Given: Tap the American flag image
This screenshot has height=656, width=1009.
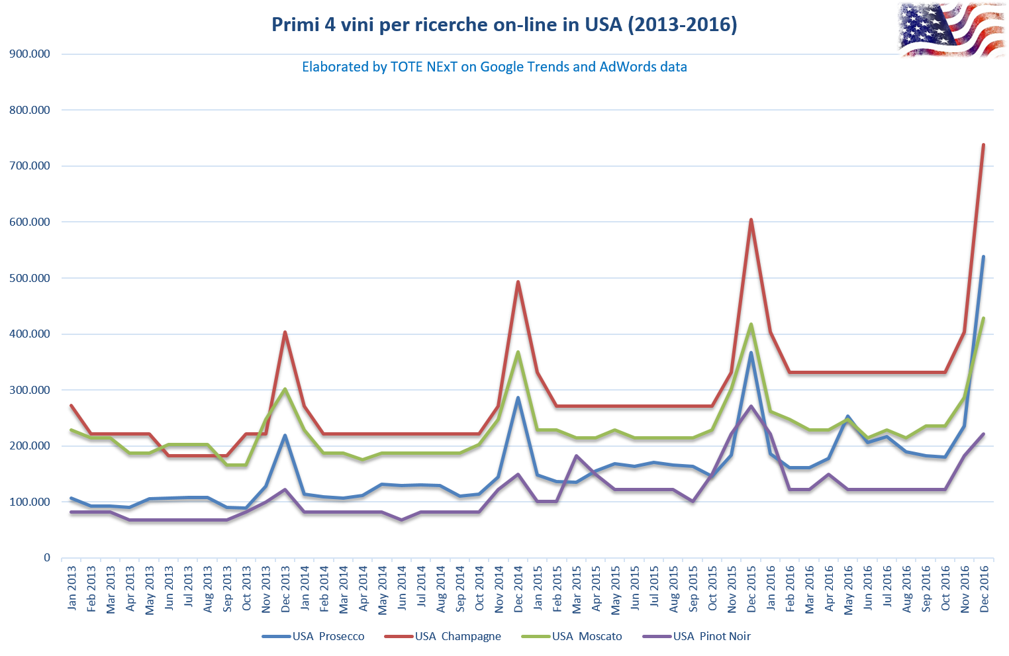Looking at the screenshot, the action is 951,29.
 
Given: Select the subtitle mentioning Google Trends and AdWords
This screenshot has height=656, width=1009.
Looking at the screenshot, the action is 494,67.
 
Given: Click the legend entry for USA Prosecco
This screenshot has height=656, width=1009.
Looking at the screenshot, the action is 314,636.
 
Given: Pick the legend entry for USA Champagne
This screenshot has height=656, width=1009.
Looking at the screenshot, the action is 443,636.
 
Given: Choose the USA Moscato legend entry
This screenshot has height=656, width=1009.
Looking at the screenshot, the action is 571,636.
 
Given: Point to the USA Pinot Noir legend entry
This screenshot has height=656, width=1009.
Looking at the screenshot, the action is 697,636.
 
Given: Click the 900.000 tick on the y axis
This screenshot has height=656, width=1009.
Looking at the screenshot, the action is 30,54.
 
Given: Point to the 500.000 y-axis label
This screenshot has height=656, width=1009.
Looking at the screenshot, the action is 30,278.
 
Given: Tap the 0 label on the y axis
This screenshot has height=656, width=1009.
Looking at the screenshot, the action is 47,558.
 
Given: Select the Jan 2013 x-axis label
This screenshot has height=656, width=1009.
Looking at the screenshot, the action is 72,588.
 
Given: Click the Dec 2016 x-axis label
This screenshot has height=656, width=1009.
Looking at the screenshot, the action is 985,589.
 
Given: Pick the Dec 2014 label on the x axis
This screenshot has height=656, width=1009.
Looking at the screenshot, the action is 518,589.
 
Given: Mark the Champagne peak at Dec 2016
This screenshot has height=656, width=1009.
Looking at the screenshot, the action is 983,144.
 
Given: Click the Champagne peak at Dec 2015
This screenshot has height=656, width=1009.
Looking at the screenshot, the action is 751,220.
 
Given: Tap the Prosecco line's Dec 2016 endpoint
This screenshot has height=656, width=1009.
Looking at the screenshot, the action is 983,257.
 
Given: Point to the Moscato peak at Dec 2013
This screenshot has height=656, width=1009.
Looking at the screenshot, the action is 285,389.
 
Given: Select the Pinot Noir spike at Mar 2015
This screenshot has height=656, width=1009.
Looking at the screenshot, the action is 576,455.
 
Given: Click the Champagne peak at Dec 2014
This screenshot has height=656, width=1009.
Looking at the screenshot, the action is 518,282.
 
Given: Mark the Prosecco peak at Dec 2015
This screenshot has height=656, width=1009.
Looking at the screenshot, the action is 751,353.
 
